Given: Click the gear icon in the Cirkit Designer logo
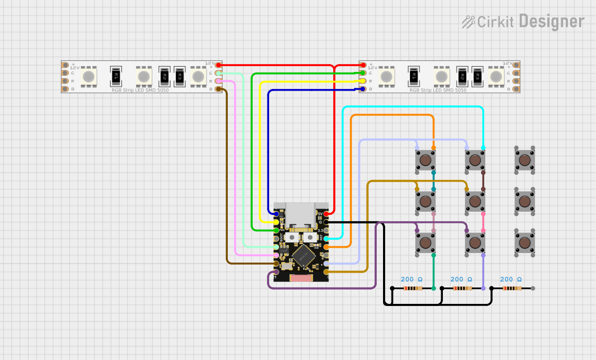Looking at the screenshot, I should (468, 22).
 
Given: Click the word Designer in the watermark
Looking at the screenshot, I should (551, 21).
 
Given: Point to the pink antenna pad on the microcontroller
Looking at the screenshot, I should (301, 278).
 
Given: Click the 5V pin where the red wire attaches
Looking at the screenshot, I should (326, 213).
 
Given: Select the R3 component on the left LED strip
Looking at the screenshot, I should (180, 77).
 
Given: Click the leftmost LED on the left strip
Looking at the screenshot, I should (88, 77).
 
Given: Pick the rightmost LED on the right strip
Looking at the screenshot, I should (496, 77).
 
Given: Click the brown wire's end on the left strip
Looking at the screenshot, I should (218, 89).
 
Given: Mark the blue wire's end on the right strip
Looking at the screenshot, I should (363, 89).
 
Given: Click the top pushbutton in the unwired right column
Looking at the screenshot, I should (524, 159).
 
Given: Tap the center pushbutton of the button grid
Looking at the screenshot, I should (475, 201).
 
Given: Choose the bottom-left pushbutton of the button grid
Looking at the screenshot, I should (425, 242).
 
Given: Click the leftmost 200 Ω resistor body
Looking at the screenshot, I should (412, 289).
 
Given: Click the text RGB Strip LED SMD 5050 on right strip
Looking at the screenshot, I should (438, 91).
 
